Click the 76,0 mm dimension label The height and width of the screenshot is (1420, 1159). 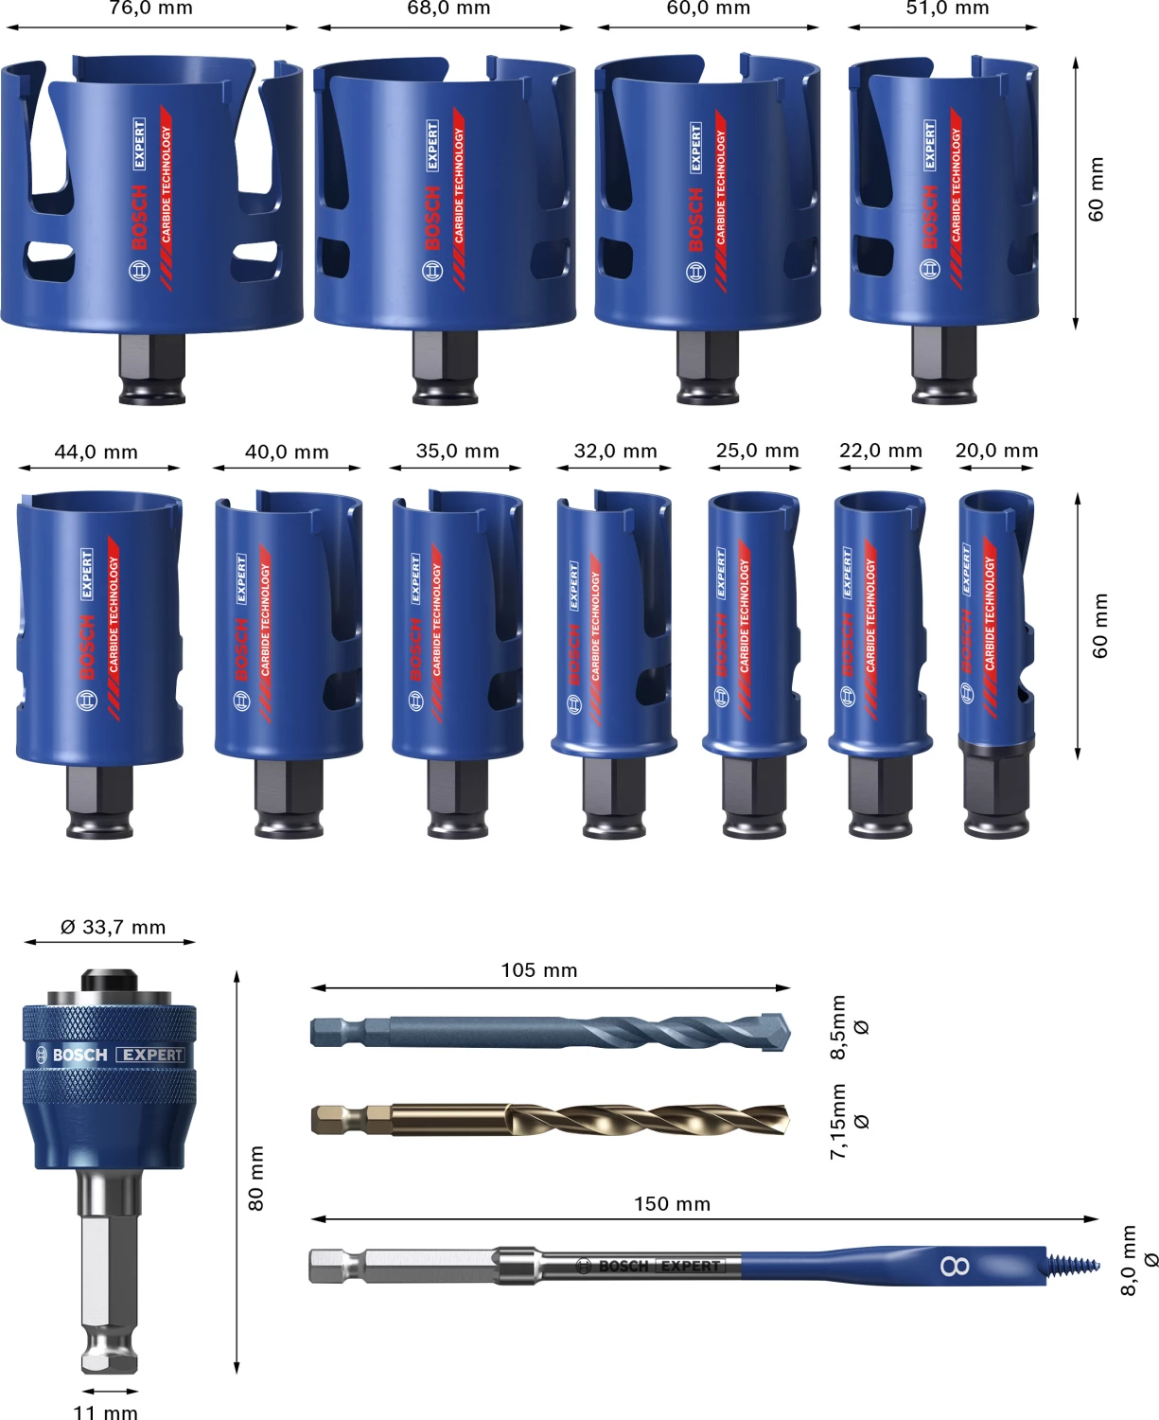click(151, 9)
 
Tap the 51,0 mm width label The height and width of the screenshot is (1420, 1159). click(947, 9)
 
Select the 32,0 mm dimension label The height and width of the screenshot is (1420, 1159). click(615, 452)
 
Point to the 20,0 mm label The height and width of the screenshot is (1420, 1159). click(996, 451)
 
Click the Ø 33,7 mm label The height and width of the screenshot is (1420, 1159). click(113, 928)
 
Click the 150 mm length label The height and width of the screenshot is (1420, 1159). click(672, 1204)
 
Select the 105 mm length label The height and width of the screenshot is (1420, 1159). click(538, 970)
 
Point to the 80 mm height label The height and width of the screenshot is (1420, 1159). click(256, 1179)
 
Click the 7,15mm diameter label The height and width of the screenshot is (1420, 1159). click(838, 1122)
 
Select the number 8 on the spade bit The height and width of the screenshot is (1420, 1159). click(955, 1266)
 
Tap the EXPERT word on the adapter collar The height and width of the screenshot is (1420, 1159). click(151, 1055)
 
